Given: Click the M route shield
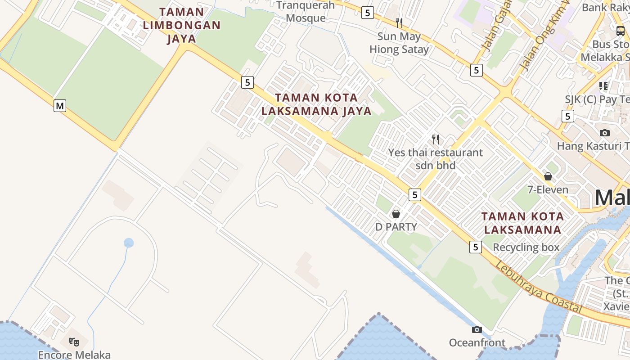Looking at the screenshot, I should pyautogui.click(x=60, y=106).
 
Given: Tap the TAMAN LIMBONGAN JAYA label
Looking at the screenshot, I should pyautogui.click(x=181, y=25).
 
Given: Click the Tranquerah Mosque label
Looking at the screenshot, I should pyautogui.click(x=306, y=12).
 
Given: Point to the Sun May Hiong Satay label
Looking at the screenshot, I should pyautogui.click(x=399, y=43).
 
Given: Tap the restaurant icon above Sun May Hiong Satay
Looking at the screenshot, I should pyautogui.click(x=399, y=22).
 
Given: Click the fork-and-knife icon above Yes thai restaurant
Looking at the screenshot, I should pyautogui.click(x=435, y=139).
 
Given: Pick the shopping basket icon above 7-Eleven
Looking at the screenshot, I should pyautogui.click(x=548, y=176).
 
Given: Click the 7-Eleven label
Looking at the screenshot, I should pyautogui.click(x=548, y=189).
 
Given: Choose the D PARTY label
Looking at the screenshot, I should pyautogui.click(x=396, y=226).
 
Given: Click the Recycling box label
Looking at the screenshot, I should pyautogui.click(x=526, y=247).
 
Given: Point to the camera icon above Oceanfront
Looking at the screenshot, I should pyautogui.click(x=477, y=330).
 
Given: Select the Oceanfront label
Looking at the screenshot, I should pyautogui.click(x=477, y=343).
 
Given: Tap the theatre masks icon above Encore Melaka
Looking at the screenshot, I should pyautogui.click(x=74, y=342).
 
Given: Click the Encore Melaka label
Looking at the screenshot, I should pyautogui.click(x=74, y=355).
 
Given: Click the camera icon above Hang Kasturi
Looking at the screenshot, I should pyautogui.click(x=605, y=133).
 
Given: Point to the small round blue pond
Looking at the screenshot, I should pyautogui.click(x=129, y=243).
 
